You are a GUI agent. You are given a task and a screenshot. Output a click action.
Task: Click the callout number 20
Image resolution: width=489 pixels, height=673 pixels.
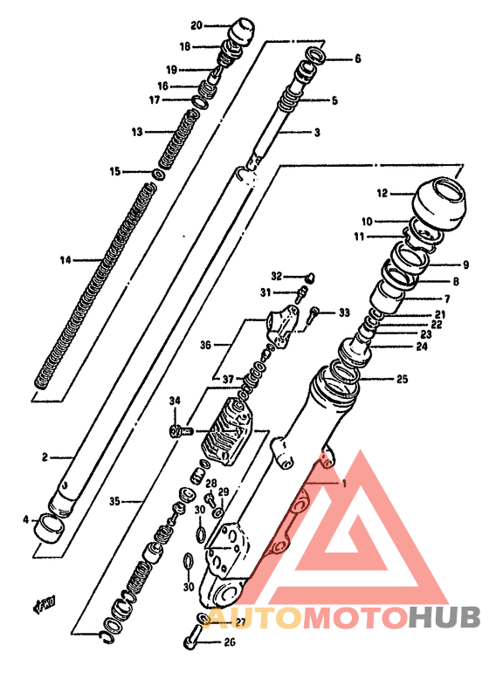(x=196, y=25)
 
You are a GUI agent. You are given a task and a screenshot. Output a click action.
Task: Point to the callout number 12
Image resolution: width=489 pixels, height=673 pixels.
(x=382, y=193)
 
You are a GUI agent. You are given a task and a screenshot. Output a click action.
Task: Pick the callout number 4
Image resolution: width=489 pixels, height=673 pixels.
(x=24, y=520)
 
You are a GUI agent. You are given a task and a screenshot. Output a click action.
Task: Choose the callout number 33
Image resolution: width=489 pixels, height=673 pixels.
(x=343, y=312)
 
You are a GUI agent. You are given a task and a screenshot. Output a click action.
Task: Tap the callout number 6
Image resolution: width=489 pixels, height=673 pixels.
(x=357, y=60)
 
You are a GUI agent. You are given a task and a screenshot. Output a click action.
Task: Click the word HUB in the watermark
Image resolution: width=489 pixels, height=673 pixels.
(x=444, y=616)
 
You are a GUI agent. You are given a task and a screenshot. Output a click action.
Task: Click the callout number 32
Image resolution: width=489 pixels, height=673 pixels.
(x=276, y=275)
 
